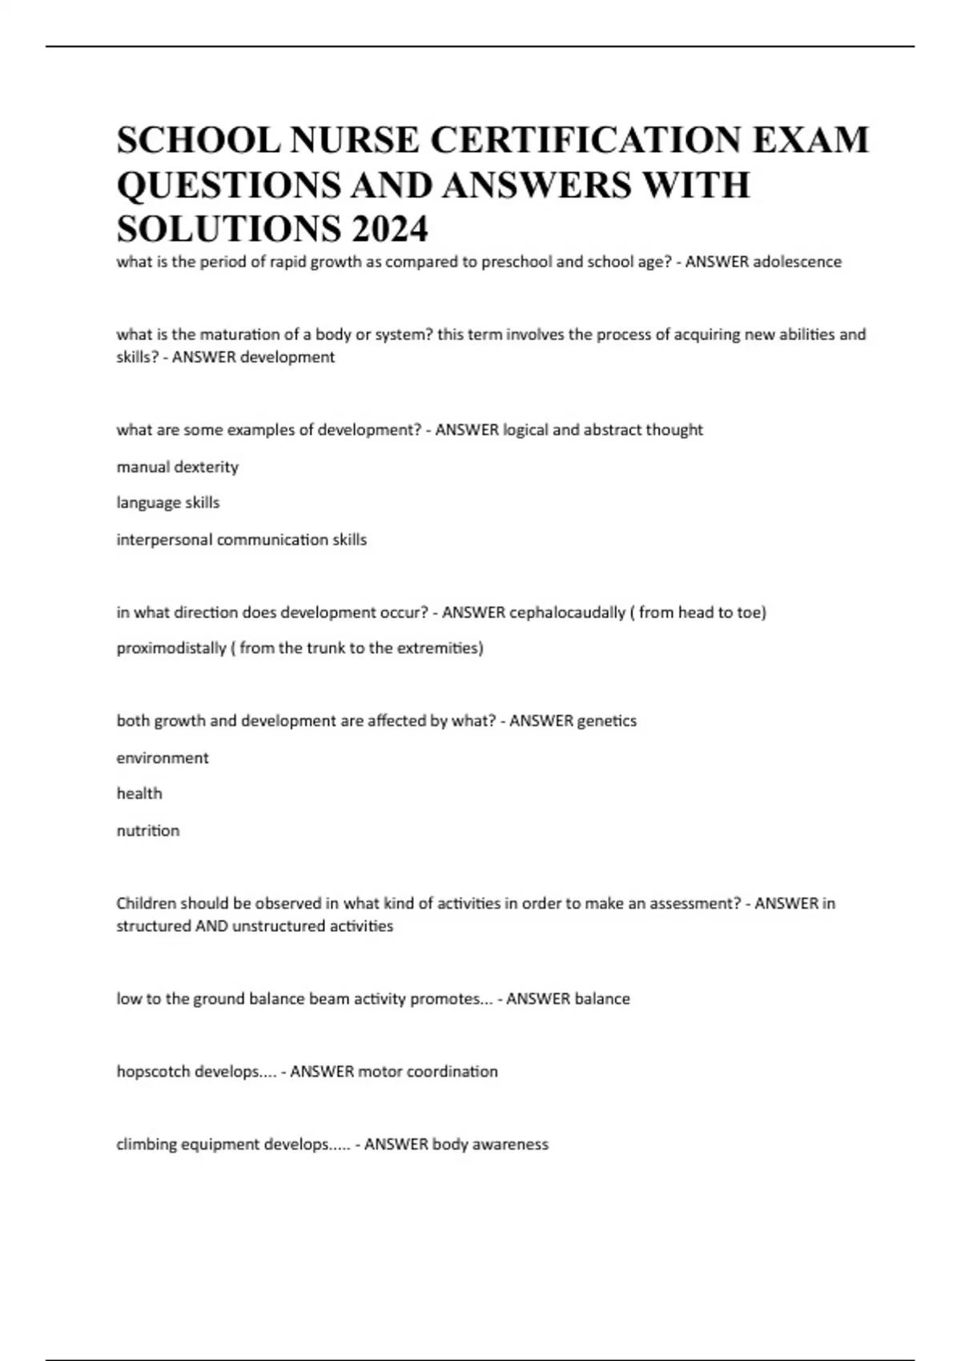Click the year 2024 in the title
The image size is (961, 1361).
coord(389,229)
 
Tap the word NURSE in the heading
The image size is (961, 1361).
coord(354,140)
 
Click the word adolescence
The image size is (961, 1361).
coord(797,262)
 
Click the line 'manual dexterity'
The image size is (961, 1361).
coord(178,467)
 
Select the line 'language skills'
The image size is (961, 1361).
coord(168,503)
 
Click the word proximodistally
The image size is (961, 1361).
coord(171,648)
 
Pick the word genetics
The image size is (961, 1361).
coord(606,721)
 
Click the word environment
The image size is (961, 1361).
coord(163,757)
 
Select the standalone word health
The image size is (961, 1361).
coord(139,793)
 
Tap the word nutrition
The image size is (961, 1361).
coord(148,830)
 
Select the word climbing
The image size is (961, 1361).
coord(147,1145)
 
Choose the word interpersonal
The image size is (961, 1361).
coord(164,540)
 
